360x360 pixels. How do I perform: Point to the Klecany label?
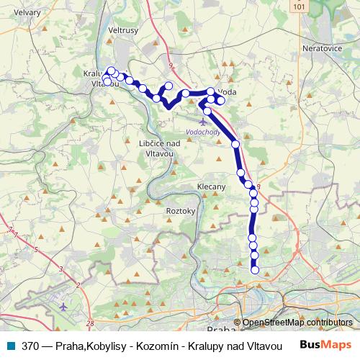(x=212, y=186)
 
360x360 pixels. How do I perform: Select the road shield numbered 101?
(x=300, y=6)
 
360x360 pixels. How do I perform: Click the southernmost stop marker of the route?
(x=255, y=271)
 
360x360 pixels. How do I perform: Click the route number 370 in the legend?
(x=31, y=345)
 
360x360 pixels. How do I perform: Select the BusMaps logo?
(x=325, y=344)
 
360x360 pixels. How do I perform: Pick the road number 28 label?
(x=89, y=324)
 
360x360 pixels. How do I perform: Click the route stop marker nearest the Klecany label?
(x=240, y=173)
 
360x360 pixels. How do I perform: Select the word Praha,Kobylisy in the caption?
(x=85, y=345)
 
